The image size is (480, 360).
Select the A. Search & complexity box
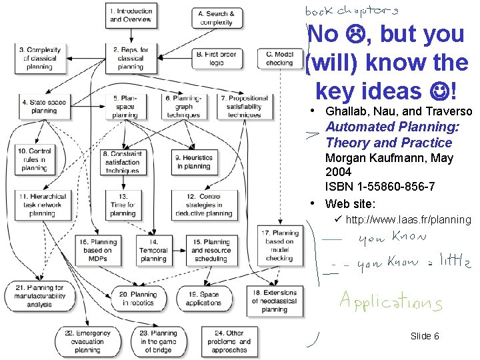(x=216, y=17)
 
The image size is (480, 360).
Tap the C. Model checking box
(x=279, y=58)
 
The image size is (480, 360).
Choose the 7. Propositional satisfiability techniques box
(x=243, y=106)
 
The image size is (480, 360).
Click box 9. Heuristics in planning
(x=193, y=161)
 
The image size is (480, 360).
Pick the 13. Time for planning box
(x=123, y=205)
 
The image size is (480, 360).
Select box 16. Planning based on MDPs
(x=98, y=250)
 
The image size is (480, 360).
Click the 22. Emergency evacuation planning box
(x=83, y=341)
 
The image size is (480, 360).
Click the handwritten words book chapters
(x=352, y=10)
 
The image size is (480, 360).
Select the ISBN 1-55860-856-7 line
(x=380, y=185)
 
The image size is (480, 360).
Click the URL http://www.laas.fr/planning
(x=408, y=220)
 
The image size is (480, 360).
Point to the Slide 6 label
(x=425, y=336)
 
